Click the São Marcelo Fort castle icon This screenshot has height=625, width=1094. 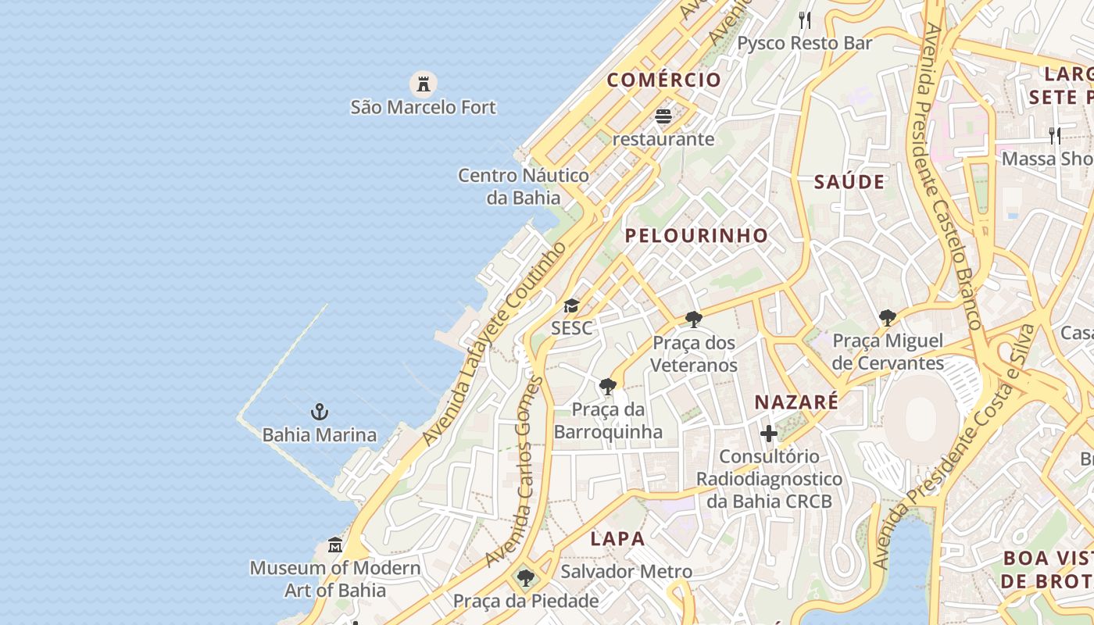pyautogui.click(x=423, y=83)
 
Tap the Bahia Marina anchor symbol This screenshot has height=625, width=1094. pyautogui.click(x=319, y=412)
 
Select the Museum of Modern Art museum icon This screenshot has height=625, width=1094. pyautogui.click(x=335, y=545)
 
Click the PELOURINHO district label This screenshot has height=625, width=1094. pyautogui.click(x=696, y=235)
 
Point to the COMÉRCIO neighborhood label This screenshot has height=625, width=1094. pyautogui.click(x=664, y=80)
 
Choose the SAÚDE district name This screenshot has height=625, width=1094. pyautogui.click(x=849, y=182)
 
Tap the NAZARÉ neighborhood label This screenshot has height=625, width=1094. pyautogui.click(x=796, y=402)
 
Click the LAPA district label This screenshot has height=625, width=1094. pyautogui.click(x=618, y=538)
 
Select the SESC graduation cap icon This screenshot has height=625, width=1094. pyautogui.click(x=572, y=305)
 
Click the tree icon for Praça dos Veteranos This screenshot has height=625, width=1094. pyautogui.click(x=693, y=319)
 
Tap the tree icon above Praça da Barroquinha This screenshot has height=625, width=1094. pyautogui.click(x=607, y=386)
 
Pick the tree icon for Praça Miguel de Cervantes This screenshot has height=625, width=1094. pyautogui.click(x=887, y=317)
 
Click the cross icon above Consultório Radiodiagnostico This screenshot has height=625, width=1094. pyautogui.click(x=769, y=433)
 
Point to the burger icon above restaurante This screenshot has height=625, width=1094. pyautogui.click(x=663, y=116)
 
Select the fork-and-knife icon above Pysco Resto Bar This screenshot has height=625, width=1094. pyautogui.click(x=805, y=20)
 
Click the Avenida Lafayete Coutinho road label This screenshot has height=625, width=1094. pyautogui.click(x=495, y=345)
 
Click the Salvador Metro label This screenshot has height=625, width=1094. pyautogui.click(x=627, y=572)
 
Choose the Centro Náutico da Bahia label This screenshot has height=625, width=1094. pyautogui.click(x=524, y=186)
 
